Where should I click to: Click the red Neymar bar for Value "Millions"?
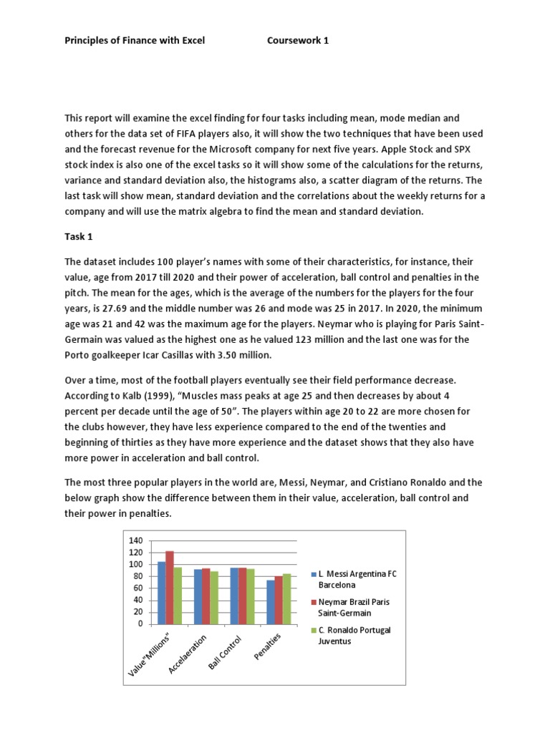170,587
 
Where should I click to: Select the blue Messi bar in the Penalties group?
270,602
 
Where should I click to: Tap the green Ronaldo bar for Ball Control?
250,596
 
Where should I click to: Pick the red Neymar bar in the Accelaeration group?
206,596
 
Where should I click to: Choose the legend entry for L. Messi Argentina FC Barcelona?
352,579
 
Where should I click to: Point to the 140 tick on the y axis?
135,540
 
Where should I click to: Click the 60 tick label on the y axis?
138,588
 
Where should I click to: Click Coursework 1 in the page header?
298,41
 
